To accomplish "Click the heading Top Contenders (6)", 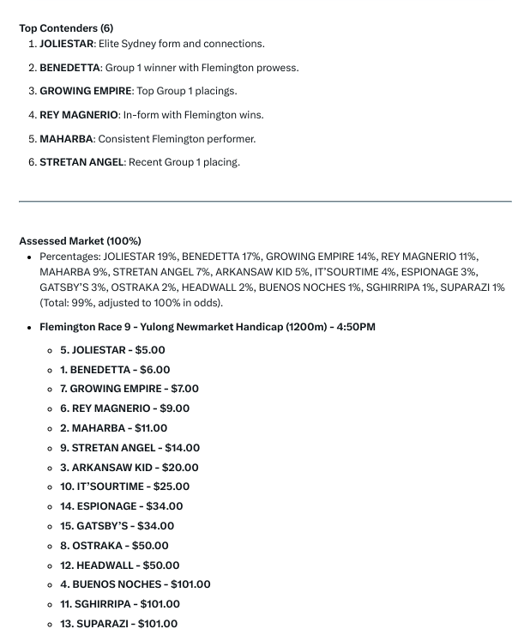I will point(66,28).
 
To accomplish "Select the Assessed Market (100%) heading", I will point(80,241).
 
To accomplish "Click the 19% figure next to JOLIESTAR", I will point(167,257).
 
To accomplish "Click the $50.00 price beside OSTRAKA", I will point(150,546).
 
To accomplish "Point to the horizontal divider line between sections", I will point(265,202).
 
